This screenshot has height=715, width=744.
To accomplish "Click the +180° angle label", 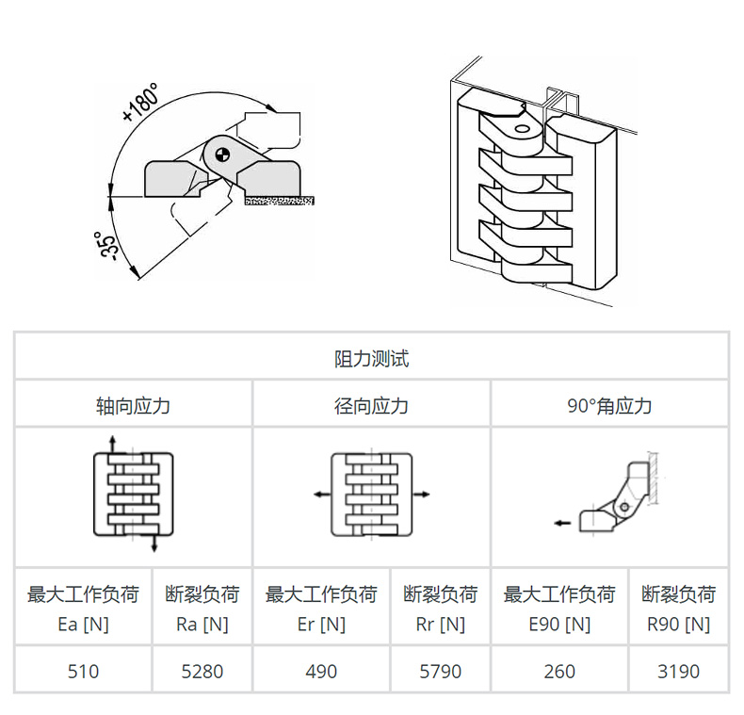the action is (140, 103).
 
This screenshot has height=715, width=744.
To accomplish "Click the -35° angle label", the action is (105, 246).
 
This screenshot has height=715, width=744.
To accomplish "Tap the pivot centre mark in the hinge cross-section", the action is (222, 154).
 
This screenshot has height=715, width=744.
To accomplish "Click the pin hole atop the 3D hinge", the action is (522, 129).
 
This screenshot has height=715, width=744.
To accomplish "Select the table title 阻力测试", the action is (371, 359).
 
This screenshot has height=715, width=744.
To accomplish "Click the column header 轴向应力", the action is (134, 406).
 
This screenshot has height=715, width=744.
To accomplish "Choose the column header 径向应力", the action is (371, 406).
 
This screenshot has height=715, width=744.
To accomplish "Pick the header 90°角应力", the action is (609, 406).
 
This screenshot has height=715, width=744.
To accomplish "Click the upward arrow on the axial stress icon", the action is (112, 445).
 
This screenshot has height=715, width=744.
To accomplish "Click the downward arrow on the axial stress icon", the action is (154, 543).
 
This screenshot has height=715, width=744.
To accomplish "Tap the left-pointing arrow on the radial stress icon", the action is (322, 495).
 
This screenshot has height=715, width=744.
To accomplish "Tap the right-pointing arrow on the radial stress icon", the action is (421, 495).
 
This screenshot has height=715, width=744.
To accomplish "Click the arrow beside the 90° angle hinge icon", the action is (563, 523).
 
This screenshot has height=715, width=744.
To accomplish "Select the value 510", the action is (84, 672).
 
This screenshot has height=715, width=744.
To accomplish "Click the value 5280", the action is (202, 672).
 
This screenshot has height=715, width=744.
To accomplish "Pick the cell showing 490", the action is (321, 672).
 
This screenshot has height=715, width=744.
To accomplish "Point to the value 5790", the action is (441, 672).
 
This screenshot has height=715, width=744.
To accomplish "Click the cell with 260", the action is (560, 672).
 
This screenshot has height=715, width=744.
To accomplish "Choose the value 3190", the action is (678, 672).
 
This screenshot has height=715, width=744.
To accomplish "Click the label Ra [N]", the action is (202, 625).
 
